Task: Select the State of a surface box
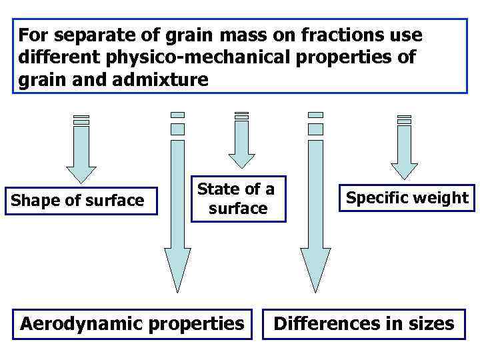[237, 198]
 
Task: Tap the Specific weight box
[407, 198]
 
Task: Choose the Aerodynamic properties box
[132, 324]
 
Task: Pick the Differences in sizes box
[364, 324]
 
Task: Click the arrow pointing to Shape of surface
[81, 153]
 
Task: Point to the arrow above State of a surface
[241, 143]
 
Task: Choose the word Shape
[37, 200]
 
